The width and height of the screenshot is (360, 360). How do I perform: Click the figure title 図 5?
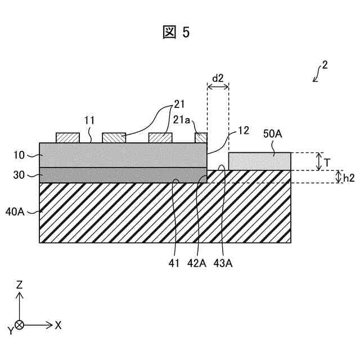coord(176,33)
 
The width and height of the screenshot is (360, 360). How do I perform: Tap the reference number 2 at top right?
coord(325,65)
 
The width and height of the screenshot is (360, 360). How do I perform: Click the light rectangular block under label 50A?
coord(259,161)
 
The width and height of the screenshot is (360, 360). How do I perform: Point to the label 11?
coord(89,120)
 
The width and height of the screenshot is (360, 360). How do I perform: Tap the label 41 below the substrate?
coord(175,262)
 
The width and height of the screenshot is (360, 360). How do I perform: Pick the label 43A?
coord(223,262)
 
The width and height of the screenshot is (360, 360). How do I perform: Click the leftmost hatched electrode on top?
coord(67,138)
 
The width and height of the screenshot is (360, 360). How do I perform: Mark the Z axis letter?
coord(19,285)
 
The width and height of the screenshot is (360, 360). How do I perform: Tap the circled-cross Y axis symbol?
coord(20,325)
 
